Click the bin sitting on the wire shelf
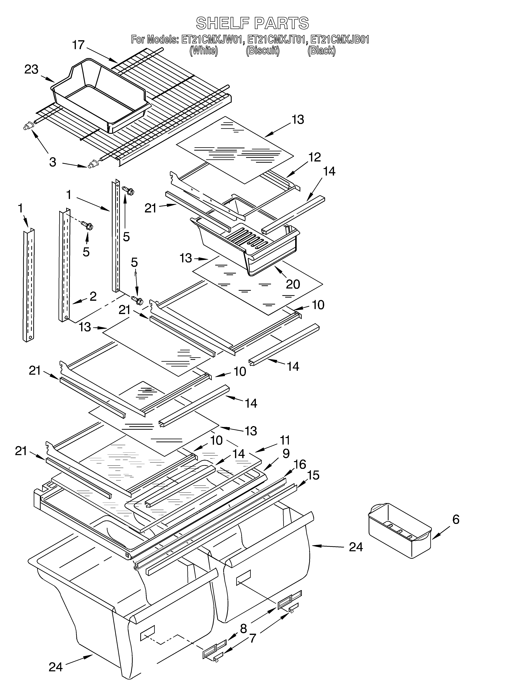point(99,96)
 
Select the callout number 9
point(286,453)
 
